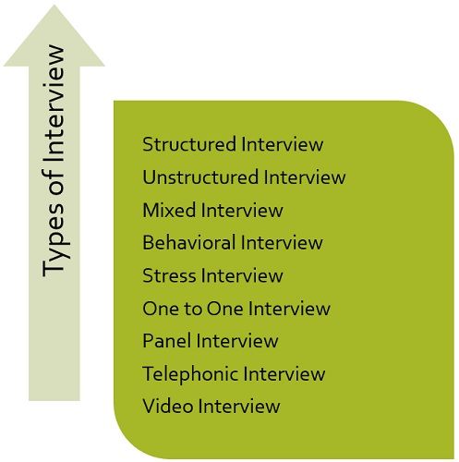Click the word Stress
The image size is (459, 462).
pos(169,275)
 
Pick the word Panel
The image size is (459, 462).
pos(166,341)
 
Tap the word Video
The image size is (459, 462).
pos(165,406)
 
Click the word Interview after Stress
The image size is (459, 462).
pos(242,275)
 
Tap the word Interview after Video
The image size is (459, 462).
pos(237,406)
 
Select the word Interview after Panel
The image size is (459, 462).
pos(236,341)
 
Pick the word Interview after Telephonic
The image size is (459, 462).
pos(283,373)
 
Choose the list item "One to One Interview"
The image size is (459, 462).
pos(236,308)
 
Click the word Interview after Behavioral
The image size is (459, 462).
pos(282,242)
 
